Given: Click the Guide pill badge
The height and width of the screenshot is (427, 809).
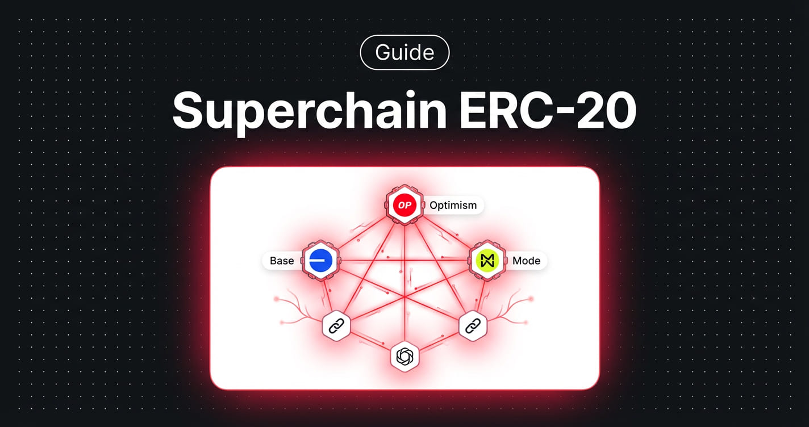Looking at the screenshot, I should [x=404, y=53].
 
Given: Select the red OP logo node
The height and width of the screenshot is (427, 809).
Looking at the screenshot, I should [x=404, y=205].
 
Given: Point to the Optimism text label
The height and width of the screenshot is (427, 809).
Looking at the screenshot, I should [x=453, y=205].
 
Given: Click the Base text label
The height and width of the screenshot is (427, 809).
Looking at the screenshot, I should [x=282, y=261].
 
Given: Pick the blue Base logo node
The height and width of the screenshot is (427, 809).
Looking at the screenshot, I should [x=321, y=261].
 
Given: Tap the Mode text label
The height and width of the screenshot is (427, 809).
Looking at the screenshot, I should [x=526, y=261].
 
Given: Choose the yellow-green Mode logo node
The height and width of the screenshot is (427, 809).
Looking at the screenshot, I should [x=488, y=261].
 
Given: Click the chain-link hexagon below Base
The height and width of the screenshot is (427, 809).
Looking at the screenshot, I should [x=336, y=326].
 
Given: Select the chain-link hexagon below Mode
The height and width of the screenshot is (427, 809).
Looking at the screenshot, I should [x=473, y=326].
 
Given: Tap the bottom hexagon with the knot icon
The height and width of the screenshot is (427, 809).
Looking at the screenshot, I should [x=404, y=357].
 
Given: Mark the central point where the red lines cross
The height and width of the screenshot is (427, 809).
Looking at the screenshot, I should [x=404, y=297].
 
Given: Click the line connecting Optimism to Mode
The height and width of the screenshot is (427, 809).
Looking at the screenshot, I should [x=447, y=233].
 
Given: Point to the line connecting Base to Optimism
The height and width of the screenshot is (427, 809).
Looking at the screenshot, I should [x=362, y=233].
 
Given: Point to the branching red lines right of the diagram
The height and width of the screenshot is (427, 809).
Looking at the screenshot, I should [x=514, y=307].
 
